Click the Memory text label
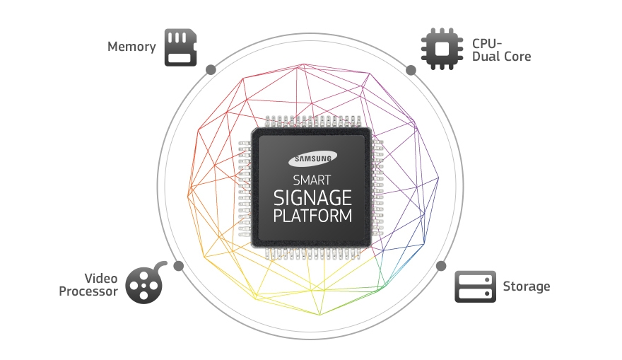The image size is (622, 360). (x=131, y=47)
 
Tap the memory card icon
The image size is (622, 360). (x=180, y=47)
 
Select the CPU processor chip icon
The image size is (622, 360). (x=442, y=49)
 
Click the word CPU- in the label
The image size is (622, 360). (x=487, y=43)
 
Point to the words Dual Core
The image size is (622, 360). (x=501, y=57)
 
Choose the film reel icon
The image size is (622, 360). (x=145, y=283)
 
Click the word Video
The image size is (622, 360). (x=101, y=278)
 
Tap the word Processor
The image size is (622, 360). (x=88, y=291)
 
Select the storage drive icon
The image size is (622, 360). (x=475, y=286)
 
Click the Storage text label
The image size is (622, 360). (x=527, y=286)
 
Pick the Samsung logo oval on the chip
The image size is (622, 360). (x=312, y=158)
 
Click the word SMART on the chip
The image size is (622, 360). (x=312, y=180)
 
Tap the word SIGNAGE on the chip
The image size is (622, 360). (x=312, y=197)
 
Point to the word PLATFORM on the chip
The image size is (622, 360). (x=312, y=216)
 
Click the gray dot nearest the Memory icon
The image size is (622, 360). (x=211, y=70)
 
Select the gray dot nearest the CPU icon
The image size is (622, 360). (x=411, y=70)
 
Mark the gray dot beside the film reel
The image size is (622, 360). (x=179, y=266)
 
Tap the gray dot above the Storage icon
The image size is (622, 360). (x=441, y=266)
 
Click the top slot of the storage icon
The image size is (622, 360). (x=475, y=280)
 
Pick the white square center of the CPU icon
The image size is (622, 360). (x=442, y=49)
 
